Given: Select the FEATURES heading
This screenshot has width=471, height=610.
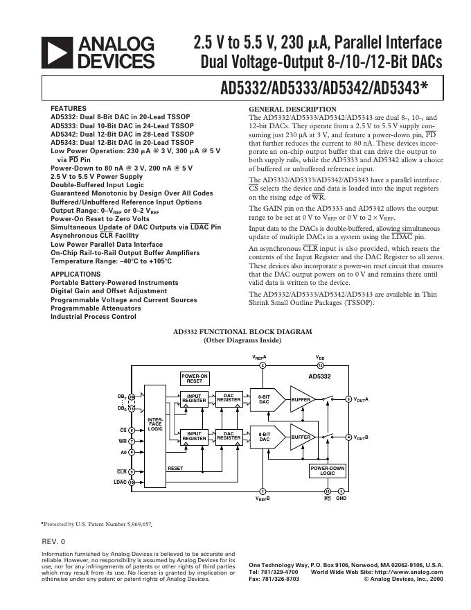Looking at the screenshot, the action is point(69,109).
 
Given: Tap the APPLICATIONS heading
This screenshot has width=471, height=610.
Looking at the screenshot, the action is point(75,274).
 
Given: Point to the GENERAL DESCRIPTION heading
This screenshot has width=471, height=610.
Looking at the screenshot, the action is point(292,110).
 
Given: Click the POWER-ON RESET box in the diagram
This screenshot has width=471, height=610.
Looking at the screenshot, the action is point(195,378).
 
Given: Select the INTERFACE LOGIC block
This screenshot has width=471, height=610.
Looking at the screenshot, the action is point(155,424).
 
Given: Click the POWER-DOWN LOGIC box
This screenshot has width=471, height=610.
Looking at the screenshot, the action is point(328,471).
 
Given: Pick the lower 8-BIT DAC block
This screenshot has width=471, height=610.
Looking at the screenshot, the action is point(265,437).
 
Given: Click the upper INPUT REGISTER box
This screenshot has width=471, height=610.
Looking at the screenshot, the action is point(194,399).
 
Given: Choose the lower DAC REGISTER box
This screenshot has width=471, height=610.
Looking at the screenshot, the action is point(229,435).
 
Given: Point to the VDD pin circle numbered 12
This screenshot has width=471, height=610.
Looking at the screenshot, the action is point(320,365).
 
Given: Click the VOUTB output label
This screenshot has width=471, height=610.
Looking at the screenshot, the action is point(361,438).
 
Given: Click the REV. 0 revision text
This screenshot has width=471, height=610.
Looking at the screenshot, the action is point(54,541).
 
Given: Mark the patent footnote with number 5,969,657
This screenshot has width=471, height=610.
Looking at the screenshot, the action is point(96,525).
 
